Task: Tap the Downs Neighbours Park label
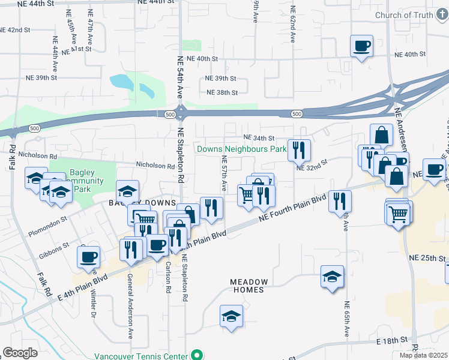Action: (242, 149)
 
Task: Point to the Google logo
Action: (20, 353)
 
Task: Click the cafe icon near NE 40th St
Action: (362, 46)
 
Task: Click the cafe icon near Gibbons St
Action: (88, 257)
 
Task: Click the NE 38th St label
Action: (222, 92)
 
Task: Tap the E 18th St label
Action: (392, 341)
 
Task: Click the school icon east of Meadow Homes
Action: (332, 277)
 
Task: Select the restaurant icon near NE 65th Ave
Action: (340, 201)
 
